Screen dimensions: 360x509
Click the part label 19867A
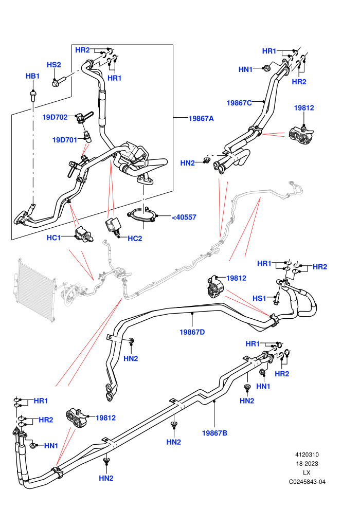201,118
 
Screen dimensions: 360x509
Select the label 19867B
214,433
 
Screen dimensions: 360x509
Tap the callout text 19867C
239,103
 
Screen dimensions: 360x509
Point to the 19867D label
192,332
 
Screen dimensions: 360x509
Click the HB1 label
32,76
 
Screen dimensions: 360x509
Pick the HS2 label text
54,65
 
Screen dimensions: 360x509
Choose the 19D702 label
55,117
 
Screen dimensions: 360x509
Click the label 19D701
65,140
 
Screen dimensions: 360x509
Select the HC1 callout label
53,238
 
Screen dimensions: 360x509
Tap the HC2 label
135,239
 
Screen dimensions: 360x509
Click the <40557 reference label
184,217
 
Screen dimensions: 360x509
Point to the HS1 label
259,298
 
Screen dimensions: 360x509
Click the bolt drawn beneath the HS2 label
59,81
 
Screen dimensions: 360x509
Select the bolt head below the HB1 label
32,95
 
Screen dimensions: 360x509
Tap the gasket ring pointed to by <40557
142,215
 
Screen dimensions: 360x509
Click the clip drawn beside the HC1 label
84,234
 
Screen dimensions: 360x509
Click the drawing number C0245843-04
307,482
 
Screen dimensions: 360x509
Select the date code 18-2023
307,464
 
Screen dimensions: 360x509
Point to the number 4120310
307,455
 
